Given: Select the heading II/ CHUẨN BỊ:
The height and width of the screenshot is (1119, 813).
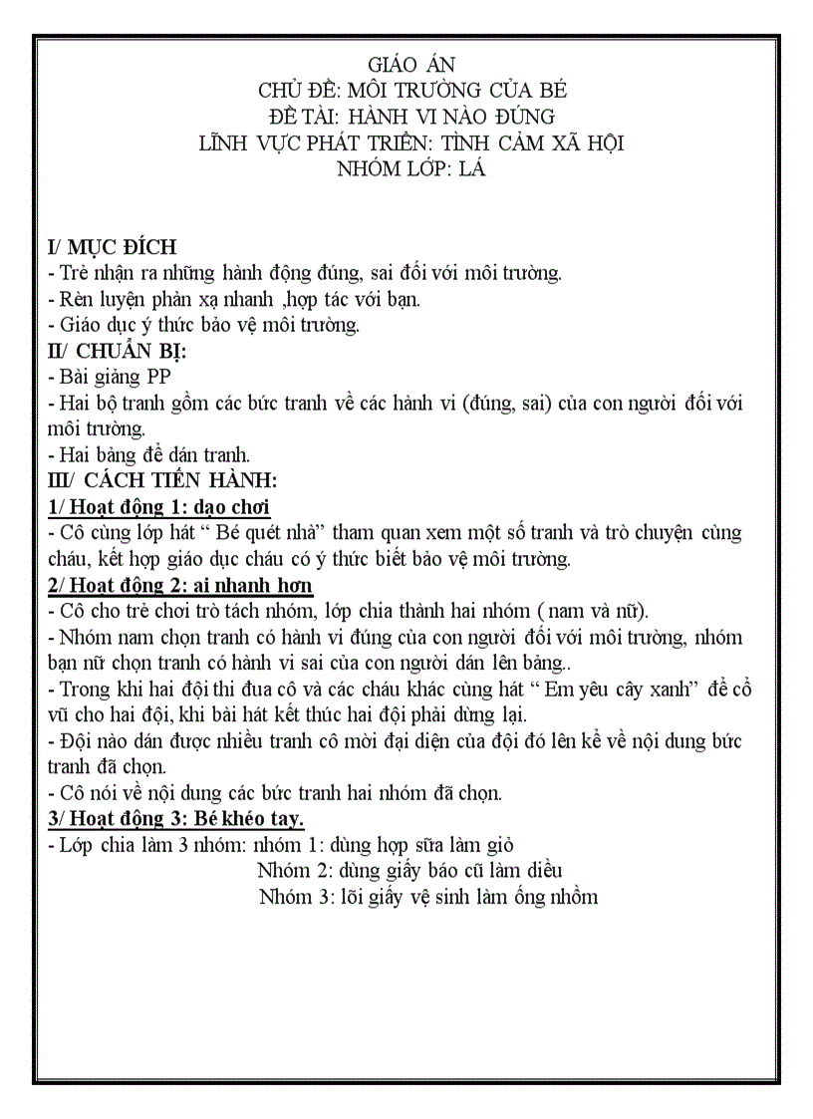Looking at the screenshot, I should coord(118,351).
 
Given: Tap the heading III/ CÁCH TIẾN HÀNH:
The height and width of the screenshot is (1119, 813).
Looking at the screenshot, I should coord(154,480).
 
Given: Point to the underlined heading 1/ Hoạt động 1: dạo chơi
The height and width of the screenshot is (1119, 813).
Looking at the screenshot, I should coord(159,506).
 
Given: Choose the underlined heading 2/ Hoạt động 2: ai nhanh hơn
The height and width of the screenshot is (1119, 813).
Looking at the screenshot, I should coord(180,584).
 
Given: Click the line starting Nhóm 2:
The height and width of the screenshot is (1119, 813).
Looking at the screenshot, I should coord(409,870).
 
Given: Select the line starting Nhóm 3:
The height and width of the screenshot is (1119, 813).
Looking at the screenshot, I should coord(427,896).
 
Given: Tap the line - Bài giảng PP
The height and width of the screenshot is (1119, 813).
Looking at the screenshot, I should coord(109,377).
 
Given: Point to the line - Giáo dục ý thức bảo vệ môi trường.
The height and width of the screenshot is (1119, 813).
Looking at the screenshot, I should coord(203,325).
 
